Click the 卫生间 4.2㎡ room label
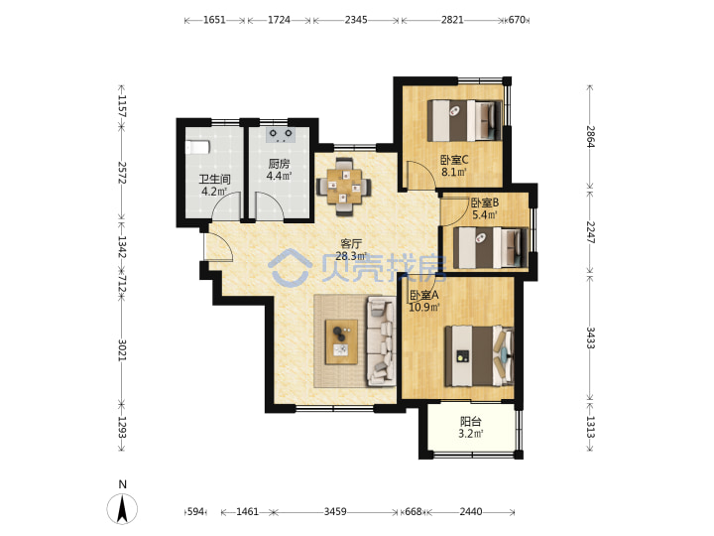pos(214,185)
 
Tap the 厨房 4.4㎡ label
pos(279,170)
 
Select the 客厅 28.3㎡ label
pos(351,250)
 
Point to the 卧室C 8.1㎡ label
pos(454,166)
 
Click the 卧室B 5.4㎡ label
pos(485,208)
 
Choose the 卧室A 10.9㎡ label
pos(424,302)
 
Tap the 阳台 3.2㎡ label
pos(470,428)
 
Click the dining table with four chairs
pos(344,186)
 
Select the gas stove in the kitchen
pos(281,135)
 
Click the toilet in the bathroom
pos(197,147)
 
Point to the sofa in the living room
pos(382,340)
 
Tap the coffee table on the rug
pos(341,341)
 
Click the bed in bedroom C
pos(464,121)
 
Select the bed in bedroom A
pos(480,356)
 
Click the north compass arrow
pos(122,508)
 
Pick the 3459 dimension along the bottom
pos(335,512)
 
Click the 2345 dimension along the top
pos(356,20)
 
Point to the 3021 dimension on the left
pos(122,350)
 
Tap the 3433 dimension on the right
pos(590,337)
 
